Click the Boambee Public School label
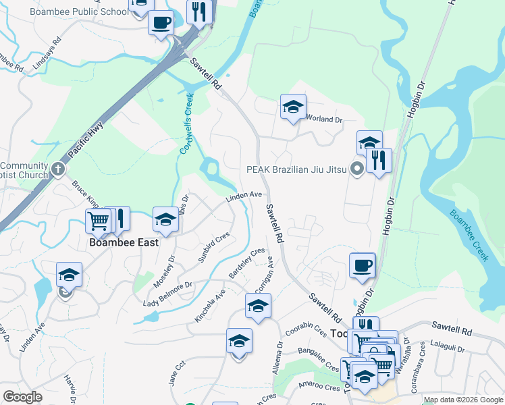(79, 11)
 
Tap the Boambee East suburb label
(124, 242)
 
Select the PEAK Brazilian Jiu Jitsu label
(297, 169)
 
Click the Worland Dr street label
(325, 119)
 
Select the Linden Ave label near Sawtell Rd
(244, 196)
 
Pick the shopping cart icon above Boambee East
(99, 220)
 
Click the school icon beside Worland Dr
(293, 107)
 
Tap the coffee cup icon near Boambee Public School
(161, 23)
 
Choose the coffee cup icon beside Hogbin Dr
(362, 265)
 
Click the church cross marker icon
(59, 167)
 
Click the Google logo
(23, 396)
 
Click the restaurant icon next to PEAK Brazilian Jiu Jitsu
(379, 161)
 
